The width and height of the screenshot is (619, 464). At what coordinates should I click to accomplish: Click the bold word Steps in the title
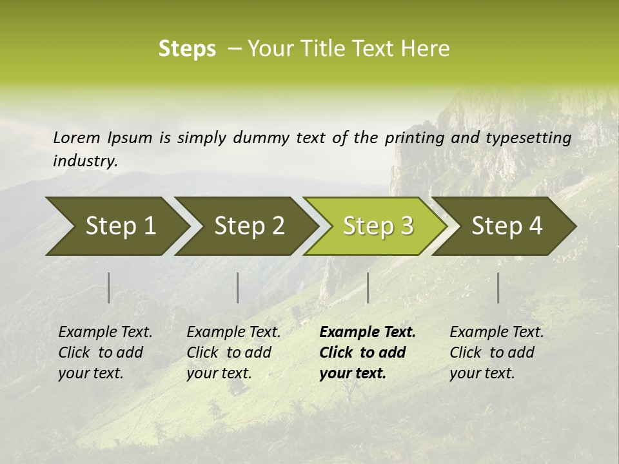pos(187,49)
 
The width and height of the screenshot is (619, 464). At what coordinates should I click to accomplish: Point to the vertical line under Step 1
pos(109,287)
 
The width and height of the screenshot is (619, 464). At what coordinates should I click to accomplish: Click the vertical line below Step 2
pos(238,287)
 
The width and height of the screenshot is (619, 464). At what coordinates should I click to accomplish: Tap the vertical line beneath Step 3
pos(368,287)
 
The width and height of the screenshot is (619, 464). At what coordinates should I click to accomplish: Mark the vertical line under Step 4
pos(498,287)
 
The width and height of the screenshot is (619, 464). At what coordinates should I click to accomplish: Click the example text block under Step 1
pos(105,353)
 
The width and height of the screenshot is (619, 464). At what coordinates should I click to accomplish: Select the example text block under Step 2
pos(233,353)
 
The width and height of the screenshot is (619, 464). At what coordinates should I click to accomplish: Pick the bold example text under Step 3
pos(368,353)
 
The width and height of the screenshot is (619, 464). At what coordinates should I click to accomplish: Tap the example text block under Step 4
pos(496,353)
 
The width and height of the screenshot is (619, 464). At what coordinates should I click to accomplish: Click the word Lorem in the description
pos(77,138)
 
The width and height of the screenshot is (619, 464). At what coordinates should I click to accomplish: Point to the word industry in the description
pos(85,161)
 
